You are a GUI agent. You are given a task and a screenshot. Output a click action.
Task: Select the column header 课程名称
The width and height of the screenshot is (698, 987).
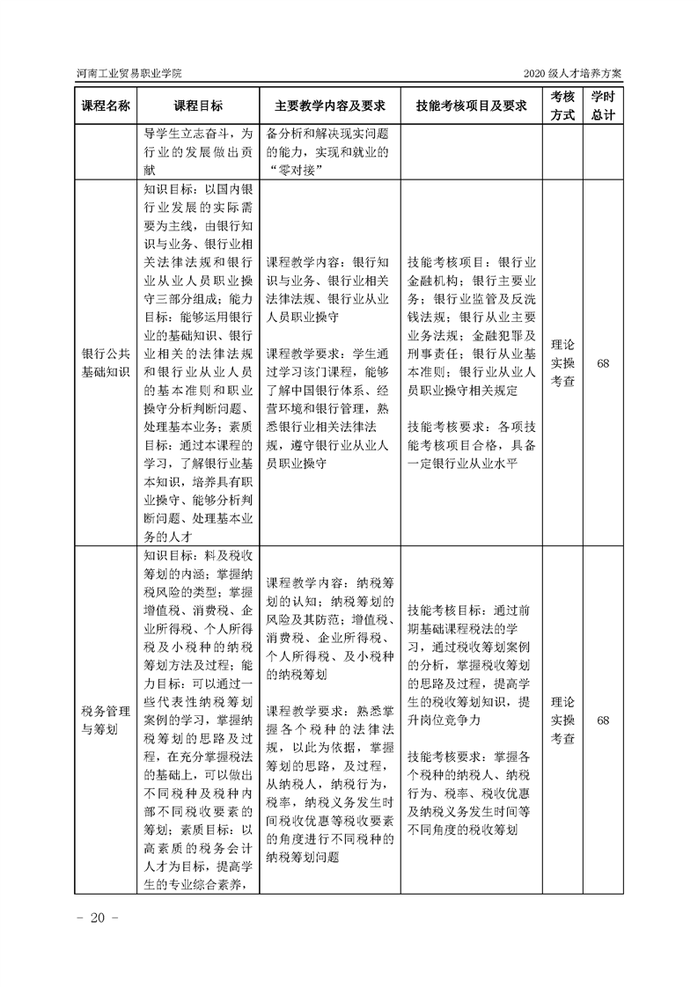coord(106,106)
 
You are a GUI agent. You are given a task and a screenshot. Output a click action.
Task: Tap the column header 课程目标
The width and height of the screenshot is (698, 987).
coord(198,106)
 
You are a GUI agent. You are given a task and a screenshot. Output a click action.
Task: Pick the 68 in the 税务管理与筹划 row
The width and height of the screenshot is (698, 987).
coord(603,720)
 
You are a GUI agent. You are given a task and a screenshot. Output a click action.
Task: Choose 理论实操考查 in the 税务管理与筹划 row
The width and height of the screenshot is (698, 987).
coord(562,720)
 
